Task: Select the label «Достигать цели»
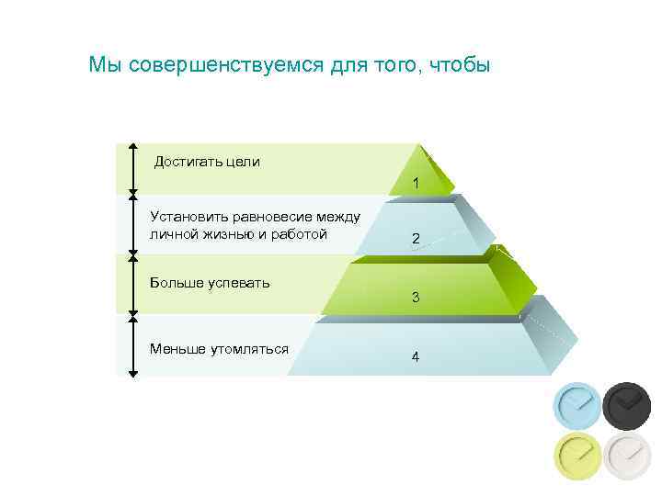coord(207,162)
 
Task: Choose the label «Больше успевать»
coord(210,282)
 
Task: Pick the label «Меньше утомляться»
coord(219,348)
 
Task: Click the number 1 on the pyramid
coord(416,184)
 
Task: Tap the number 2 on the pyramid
coord(416,239)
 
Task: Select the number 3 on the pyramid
coord(416,298)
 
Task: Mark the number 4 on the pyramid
coord(416,356)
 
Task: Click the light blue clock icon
coord(577,405)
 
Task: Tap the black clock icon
coord(627,405)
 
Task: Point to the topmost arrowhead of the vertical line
coord(132,146)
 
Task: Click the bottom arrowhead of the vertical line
coord(132,373)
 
